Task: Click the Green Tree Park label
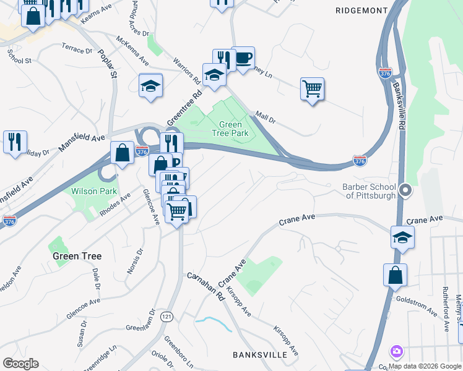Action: click(x=230, y=129)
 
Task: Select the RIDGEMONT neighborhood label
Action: click(x=361, y=11)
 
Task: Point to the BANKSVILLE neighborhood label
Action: click(x=260, y=354)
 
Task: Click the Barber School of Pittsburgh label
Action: click(x=369, y=190)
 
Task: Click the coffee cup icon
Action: click(x=243, y=58)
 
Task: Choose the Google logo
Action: click(x=20, y=363)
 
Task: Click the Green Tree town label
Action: click(x=76, y=255)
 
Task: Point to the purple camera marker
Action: click(x=396, y=352)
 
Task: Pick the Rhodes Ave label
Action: click(x=115, y=205)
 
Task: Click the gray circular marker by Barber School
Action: click(x=405, y=190)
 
